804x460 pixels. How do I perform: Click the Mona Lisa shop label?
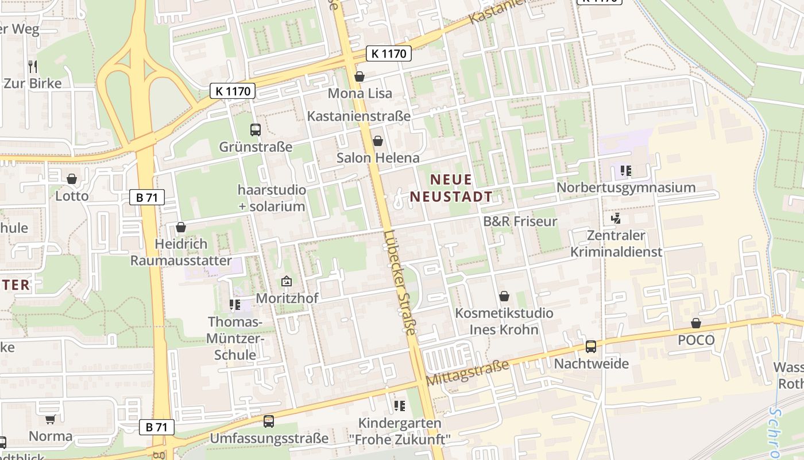tap(360, 93)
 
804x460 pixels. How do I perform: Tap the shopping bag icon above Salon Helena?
tap(378, 141)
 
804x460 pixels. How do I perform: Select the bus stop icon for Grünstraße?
tap(256, 130)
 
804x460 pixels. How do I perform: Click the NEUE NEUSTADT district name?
tap(451, 188)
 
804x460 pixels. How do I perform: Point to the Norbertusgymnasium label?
tap(626, 187)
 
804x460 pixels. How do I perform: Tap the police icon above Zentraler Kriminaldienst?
tap(616, 218)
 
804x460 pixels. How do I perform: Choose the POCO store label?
tap(696, 340)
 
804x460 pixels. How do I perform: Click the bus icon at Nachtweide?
tap(591, 347)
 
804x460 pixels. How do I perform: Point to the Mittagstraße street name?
tap(468, 373)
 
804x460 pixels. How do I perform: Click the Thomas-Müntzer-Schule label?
tap(235, 338)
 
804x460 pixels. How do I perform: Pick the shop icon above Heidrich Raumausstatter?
tap(181, 227)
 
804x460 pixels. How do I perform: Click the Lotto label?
tap(72, 195)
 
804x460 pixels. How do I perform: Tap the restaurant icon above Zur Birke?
tap(33, 67)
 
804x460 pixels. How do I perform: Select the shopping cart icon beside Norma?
tap(50, 420)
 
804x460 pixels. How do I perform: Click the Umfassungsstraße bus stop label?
tap(269, 438)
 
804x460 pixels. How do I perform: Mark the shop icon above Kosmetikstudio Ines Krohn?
tap(504, 297)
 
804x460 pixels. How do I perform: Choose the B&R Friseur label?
tap(520, 221)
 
